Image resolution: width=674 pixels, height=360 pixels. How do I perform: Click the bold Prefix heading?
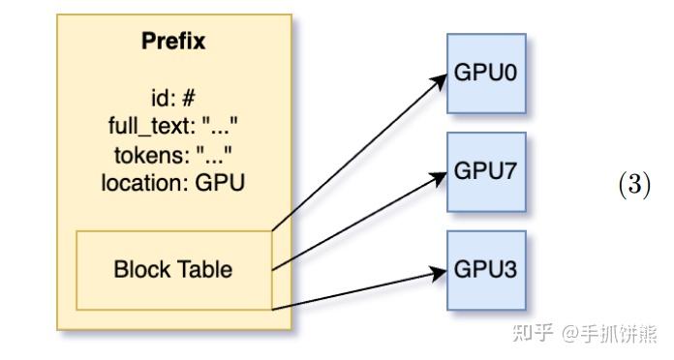click(x=173, y=42)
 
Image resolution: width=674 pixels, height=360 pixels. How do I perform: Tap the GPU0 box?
click(x=486, y=74)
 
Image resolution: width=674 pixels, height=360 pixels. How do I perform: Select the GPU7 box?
click(x=486, y=172)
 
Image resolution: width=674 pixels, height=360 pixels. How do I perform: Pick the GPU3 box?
click(x=486, y=270)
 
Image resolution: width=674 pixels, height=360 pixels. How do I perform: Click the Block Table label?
click(x=173, y=269)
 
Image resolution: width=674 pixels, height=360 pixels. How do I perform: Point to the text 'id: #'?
click(x=173, y=98)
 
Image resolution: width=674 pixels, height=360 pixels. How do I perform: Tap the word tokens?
click(x=152, y=155)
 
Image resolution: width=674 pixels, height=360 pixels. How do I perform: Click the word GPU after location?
click(x=220, y=183)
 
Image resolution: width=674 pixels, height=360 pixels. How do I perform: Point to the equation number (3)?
click(x=634, y=185)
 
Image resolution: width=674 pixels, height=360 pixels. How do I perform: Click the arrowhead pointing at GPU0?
click(x=440, y=81)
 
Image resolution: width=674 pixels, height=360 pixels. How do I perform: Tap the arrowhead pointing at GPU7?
click(x=439, y=178)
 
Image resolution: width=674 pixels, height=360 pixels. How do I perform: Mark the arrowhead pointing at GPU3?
click(x=439, y=273)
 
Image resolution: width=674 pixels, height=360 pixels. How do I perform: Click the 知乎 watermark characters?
click(x=533, y=333)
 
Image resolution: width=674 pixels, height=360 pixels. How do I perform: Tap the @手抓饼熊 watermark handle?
click(x=609, y=333)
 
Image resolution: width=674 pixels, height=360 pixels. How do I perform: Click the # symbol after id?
click(x=189, y=98)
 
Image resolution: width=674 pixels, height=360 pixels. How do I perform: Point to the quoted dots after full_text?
click(x=220, y=127)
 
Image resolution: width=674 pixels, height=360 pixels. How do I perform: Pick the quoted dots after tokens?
click(x=214, y=154)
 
